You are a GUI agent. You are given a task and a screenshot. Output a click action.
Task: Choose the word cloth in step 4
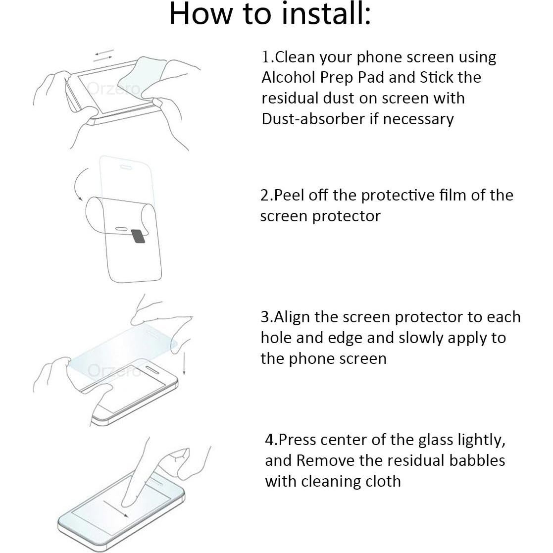pyautogui.click(x=384, y=481)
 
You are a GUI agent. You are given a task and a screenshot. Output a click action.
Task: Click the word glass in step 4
pyautogui.click(x=430, y=440)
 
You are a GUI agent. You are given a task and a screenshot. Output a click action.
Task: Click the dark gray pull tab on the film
pyautogui.click(x=139, y=236)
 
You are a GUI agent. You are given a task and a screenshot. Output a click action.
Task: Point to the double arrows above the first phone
pyautogui.click(x=105, y=55)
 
